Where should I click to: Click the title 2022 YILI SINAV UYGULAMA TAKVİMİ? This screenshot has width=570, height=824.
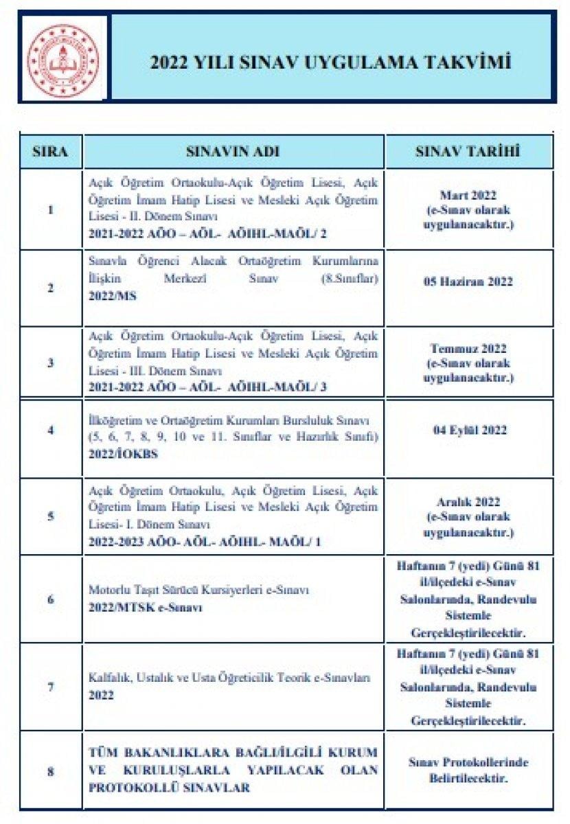pos(331,63)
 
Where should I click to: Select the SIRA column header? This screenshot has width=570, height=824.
pos(51,152)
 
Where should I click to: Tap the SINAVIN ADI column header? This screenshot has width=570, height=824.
pos(233,152)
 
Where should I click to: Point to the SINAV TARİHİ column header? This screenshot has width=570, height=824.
pos(468,152)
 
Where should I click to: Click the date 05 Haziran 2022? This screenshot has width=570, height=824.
pos(468,282)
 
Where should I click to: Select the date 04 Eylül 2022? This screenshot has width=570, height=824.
pos(468,431)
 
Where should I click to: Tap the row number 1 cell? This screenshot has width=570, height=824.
pos(51,209)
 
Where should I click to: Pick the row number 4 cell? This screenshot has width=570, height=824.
pos(51,431)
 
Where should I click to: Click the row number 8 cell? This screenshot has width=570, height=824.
pos(51,771)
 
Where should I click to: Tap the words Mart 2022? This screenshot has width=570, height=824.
pos(468,195)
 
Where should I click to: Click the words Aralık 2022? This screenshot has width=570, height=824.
pos(468,502)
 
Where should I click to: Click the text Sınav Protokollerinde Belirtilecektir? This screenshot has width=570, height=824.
pos(468,770)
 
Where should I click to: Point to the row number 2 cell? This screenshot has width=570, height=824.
pos(51,288)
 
